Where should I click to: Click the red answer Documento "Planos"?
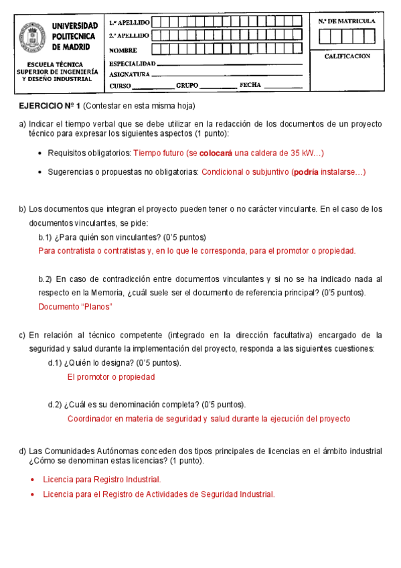click(x=75, y=307)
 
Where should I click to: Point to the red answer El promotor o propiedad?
click(x=111, y=377)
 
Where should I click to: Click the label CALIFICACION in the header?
click(x=347, y=56)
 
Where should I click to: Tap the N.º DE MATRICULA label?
click(x=347, y=21)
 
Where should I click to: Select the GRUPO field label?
click(x=187, y=86)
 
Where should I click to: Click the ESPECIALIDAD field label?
click(x=132, y=62)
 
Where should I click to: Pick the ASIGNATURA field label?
click(x=129, y=74)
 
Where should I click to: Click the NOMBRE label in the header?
click(x=123, y=50)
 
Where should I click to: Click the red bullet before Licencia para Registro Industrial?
click(x=34, y=480)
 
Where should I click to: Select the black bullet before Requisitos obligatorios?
click(x=40, y=153)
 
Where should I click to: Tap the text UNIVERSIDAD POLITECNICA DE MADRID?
click(x=75, y=37)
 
